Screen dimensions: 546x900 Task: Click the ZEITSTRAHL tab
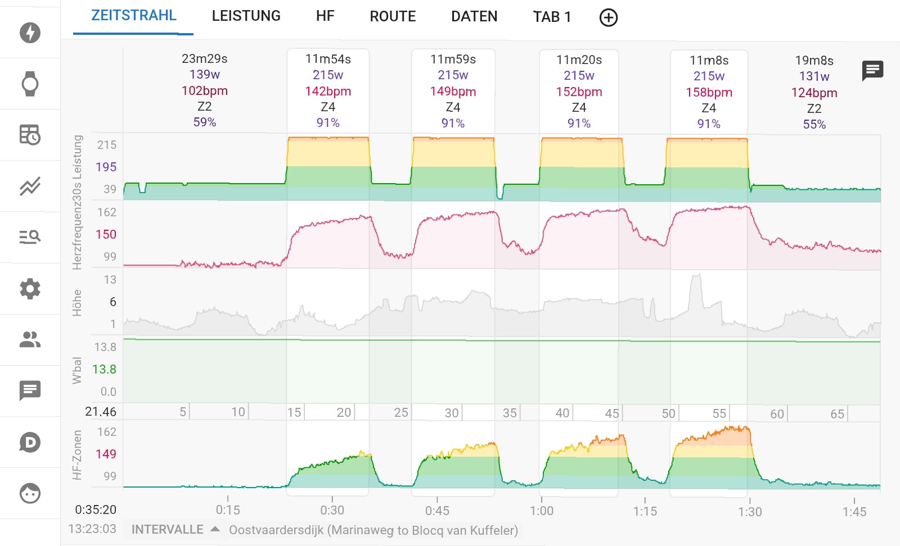(134, 16)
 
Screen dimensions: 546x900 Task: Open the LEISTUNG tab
(246, 16)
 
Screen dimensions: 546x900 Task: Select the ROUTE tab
(393, 17)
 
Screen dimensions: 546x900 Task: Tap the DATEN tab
(474, 17)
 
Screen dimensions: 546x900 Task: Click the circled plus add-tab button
(609, 18)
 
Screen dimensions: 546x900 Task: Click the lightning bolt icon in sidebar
(30, 33)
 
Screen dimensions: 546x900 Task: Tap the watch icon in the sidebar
(30, 84)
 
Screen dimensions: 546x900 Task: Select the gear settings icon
(30, 289)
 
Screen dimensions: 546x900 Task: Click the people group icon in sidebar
(30, 340)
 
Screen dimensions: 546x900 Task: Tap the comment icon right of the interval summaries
(872, 71)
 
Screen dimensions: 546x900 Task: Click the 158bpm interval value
(709, 92)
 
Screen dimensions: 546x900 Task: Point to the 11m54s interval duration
(328, 59)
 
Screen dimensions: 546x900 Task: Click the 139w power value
(204, 74)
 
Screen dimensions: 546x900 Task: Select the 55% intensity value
(814, 124)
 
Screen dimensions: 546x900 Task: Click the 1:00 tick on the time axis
(542, 510)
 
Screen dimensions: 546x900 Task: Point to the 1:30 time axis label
(750, 511)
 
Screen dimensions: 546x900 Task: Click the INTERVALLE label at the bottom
(168, 530)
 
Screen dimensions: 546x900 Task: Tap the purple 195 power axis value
(106, 167)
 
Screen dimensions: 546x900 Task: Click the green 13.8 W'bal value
(104, 369)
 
